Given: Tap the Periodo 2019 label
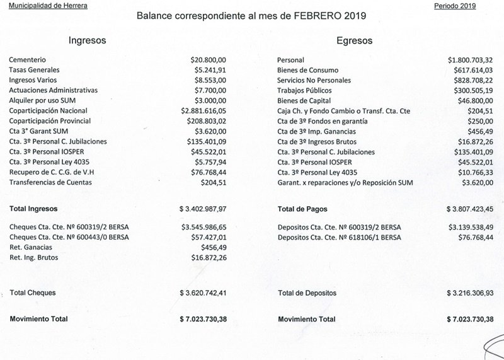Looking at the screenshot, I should tap(455, 6).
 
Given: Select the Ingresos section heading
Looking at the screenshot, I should tap(87, 40).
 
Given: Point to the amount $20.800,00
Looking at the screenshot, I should tap(207, 59).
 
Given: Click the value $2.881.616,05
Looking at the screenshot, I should tap(203, 110).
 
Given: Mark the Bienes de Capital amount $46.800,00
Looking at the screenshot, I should tap(474, 100).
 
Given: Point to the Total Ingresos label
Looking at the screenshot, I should tap(33, 208).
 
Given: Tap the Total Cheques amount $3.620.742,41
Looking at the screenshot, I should tap(202, 293).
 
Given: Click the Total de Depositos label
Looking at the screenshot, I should tap(316, 293).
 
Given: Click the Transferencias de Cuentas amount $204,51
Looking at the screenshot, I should tap(212, 182).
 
